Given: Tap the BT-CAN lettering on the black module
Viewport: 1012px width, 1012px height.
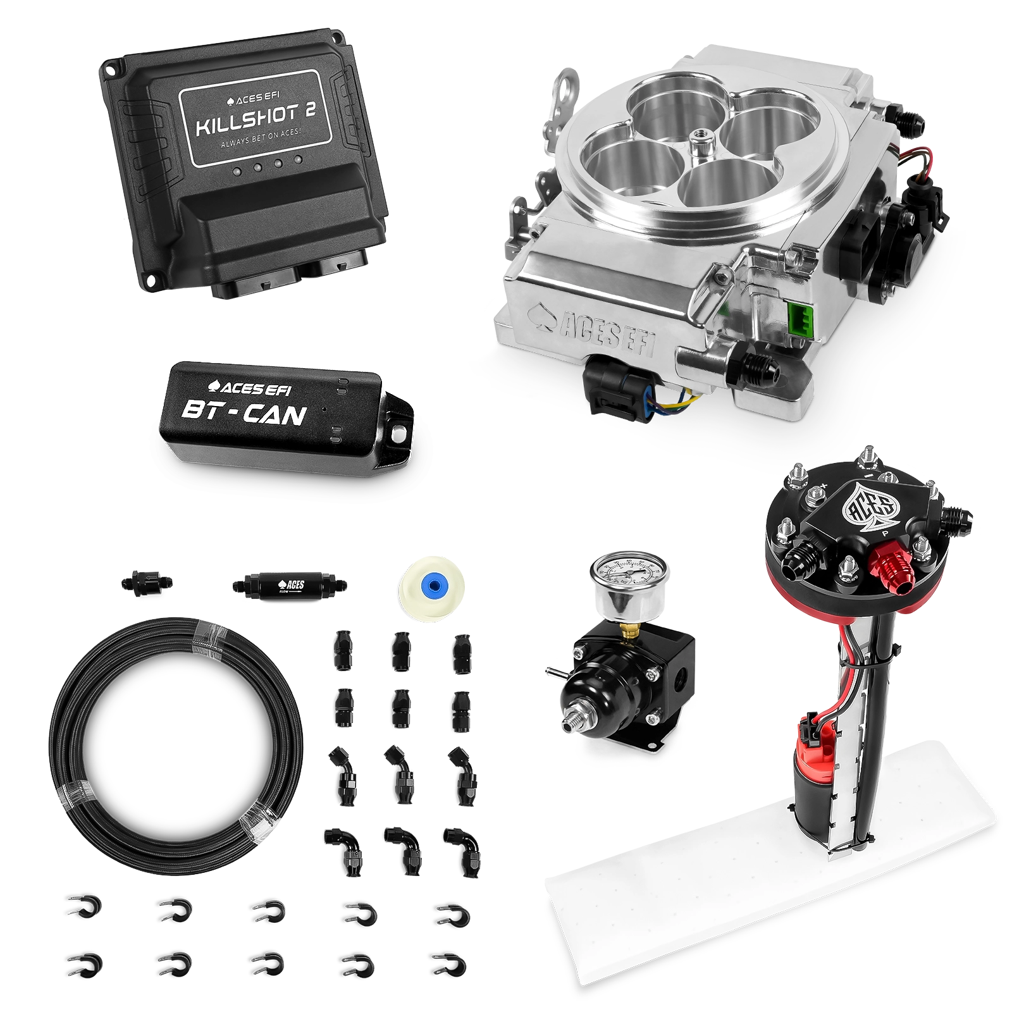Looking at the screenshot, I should tap(244, 414).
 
